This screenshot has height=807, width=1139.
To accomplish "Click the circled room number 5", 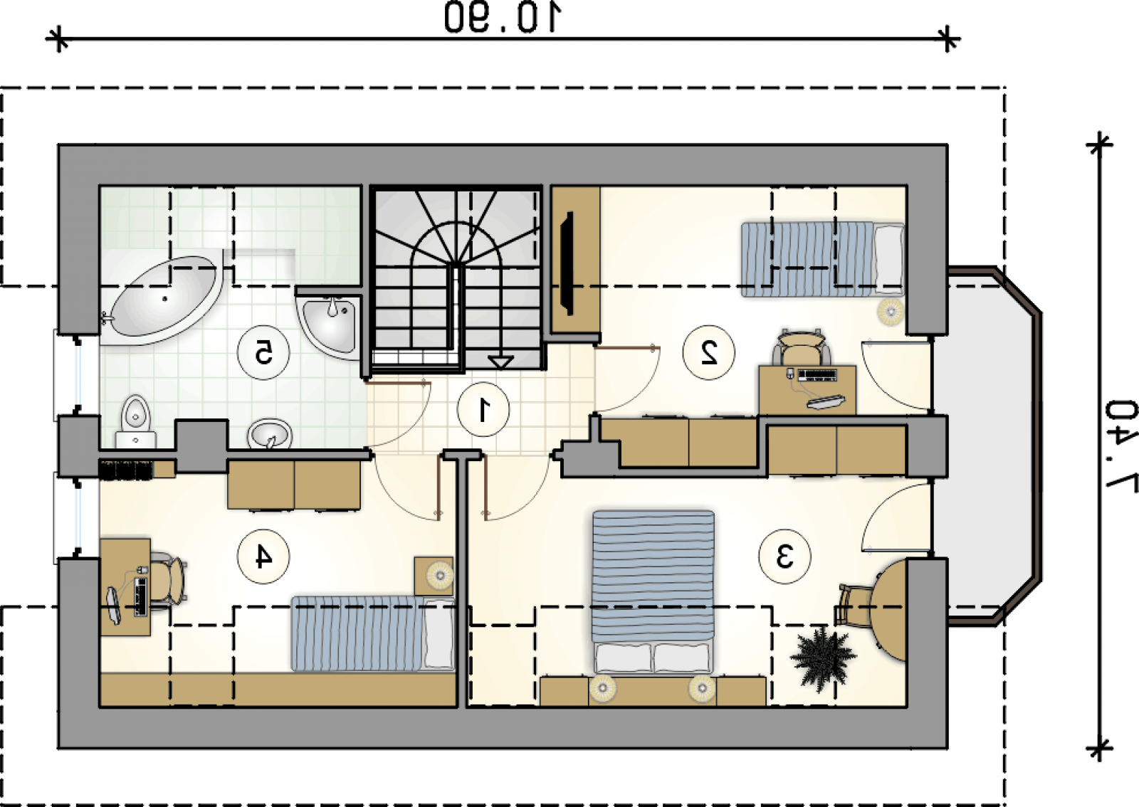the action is click(x=263, y=352).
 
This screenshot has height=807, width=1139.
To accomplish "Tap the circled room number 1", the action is click(x=483, y=409).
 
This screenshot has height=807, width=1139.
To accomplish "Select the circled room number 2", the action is click(x=708, y=352).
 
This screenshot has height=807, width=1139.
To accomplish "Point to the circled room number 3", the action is click(x=784, y=556).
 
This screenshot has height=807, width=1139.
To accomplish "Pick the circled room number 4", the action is click(x=263, y=556).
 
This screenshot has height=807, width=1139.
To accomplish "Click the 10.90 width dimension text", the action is click(x=503, y=17).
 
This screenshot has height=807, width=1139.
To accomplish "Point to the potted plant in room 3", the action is click(x=822, y=658).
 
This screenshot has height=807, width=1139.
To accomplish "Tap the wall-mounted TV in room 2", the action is click(x=567, y=263).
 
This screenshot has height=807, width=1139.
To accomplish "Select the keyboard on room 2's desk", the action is click(x=817, y=376).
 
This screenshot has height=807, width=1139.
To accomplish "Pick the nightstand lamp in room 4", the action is click(x=439, y=576).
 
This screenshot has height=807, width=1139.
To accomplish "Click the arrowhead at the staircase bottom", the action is click(x=500, y=362).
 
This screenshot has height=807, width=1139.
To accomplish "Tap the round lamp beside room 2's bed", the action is click(x=891, y=310).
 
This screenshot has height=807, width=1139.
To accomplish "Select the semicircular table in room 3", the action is click(x=890, y=610).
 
